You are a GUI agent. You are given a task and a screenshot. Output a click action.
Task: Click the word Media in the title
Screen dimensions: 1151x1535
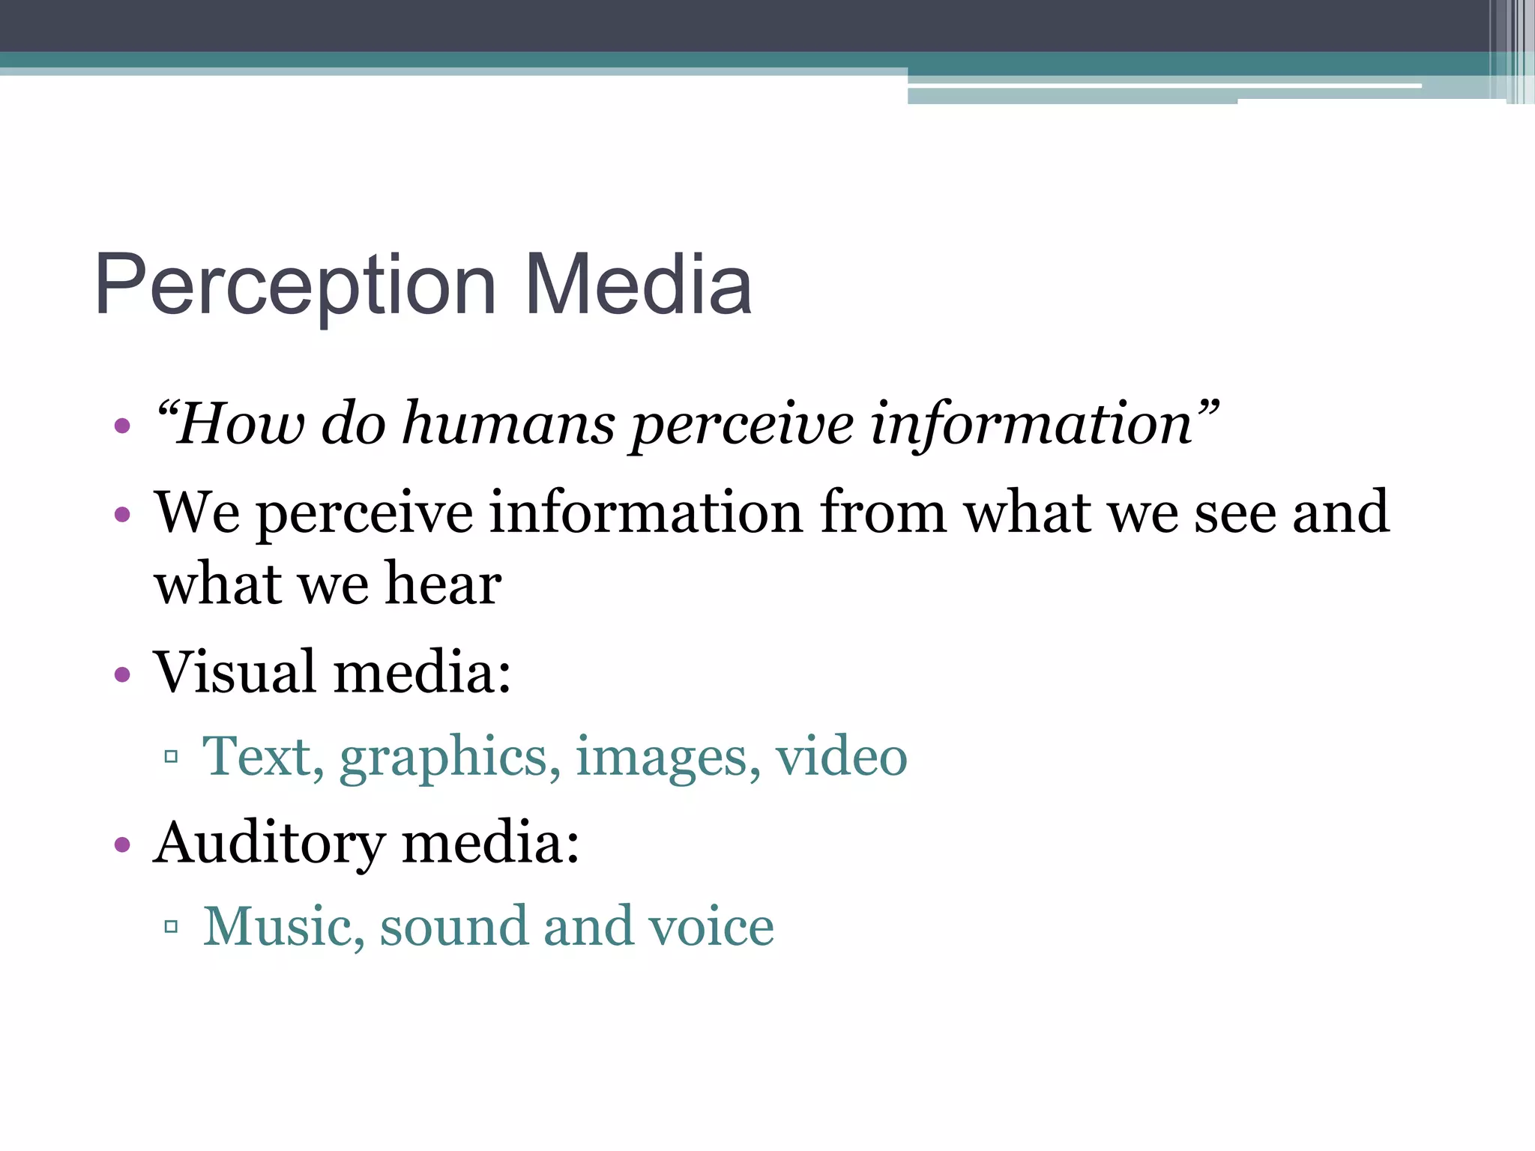pyautogui.click(x=638, y=284)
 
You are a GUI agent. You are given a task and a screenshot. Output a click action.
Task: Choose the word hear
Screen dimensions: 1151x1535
pyautogui.click(x=443, y=584)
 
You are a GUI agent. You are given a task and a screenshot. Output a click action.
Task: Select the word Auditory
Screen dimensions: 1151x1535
pyautogui.click(x=269, y=843)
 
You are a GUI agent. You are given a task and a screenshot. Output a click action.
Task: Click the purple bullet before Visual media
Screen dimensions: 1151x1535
pyautogui.click(x=122, y=674)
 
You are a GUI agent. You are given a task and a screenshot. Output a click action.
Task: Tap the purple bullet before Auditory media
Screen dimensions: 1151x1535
pyautogui.click(x=122, y=845)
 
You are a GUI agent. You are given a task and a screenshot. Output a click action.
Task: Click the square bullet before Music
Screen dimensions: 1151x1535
pyautogui.click(x=171, y=927)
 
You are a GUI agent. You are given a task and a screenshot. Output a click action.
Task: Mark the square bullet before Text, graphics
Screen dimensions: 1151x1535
pyautogui.click(x=171, y=756)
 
